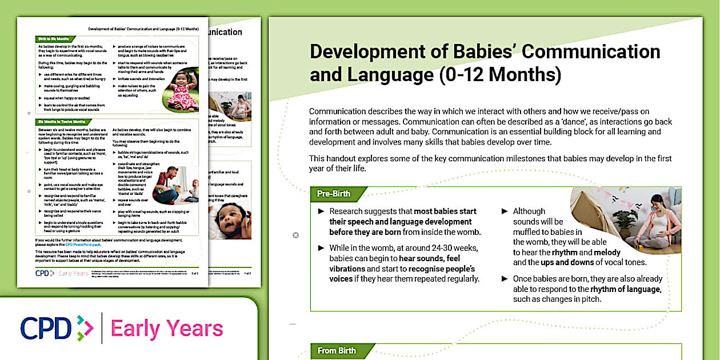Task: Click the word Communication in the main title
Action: point(591,51)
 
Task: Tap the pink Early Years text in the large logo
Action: point(166,329)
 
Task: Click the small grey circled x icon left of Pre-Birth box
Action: point(295,235)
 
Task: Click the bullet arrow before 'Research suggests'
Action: point(321,211)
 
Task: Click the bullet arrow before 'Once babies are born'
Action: point(505,279)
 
